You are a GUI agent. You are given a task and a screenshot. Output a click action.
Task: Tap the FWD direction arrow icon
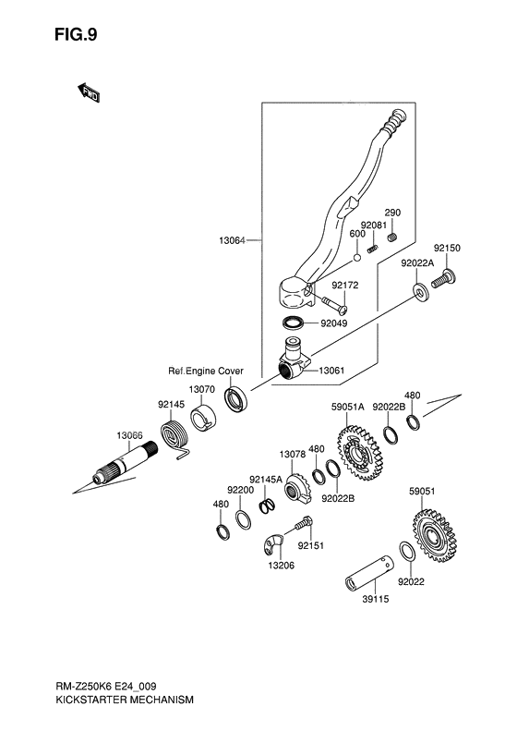click(x=89, y=92)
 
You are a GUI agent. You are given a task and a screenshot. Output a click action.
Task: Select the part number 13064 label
click(x=233, y=240)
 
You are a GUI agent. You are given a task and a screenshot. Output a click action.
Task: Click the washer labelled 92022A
click(x=421, y=293)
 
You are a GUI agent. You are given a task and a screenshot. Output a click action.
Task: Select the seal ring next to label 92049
click(x=295, y=323)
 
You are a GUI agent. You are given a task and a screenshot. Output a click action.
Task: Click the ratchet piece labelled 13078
click(x=295, y=485)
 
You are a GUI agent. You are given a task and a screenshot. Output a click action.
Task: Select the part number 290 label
click(x=392, y=212)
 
